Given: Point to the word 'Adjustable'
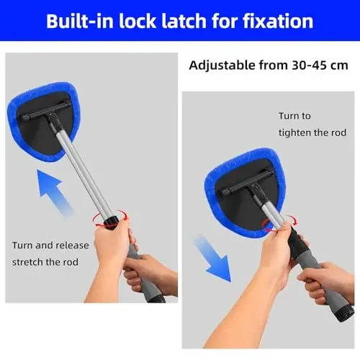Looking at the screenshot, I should point(223,66).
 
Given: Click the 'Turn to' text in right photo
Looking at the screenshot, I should point(296,116).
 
